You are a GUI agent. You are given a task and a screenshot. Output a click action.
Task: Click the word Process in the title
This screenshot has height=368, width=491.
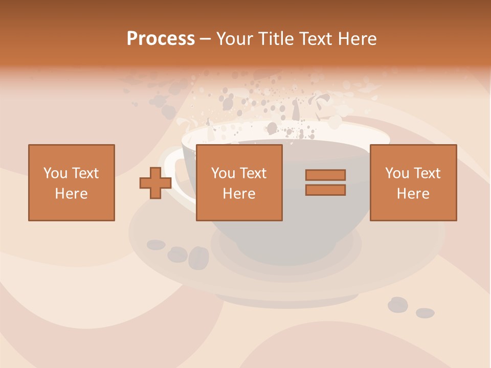[161, 39]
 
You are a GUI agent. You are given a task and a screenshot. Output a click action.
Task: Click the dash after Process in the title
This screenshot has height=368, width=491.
[205, 39]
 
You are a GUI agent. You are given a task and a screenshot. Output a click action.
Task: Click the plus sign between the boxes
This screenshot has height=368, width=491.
[155, 183]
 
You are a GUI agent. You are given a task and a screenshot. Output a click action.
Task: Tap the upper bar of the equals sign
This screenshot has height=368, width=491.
[325, 175]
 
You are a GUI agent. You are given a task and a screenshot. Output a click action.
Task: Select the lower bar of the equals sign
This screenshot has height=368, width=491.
[325, 190]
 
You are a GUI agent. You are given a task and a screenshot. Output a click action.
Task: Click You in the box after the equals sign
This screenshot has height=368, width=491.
[397, 173]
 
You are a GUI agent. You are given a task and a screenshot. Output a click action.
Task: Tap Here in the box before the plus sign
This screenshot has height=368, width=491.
[71, 194]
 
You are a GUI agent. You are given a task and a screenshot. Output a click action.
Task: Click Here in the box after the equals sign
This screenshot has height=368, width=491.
[413, 194]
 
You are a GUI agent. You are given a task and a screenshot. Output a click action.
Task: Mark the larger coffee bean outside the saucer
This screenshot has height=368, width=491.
[397, 305]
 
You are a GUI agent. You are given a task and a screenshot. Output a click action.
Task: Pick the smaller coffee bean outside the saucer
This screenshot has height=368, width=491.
[425, 313]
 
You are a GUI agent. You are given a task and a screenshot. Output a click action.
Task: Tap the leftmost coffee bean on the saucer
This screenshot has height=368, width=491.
[156, 244]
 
